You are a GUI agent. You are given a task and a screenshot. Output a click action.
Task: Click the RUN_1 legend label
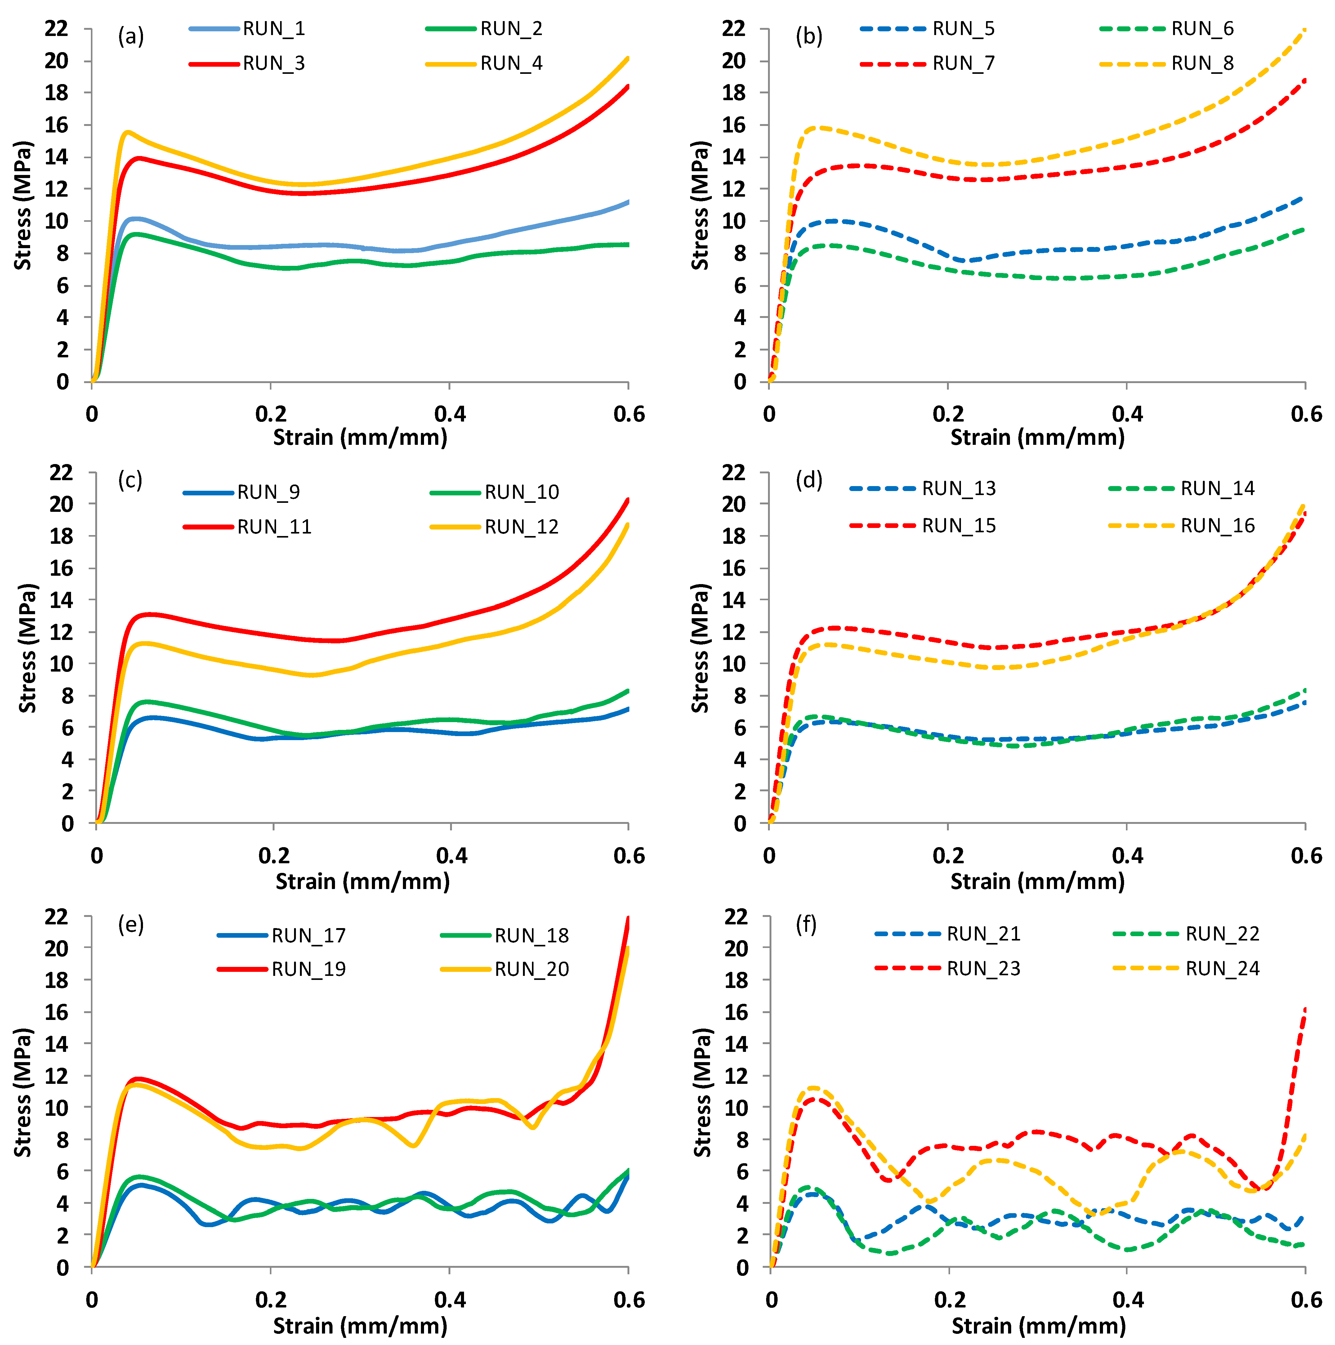[x=274, y=29]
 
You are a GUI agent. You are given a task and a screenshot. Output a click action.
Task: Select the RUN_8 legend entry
[x=1202, y=63]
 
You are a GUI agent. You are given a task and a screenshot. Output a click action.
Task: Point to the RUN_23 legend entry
[x=984, y=968]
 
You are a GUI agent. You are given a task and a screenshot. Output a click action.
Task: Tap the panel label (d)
[x=809, y=480]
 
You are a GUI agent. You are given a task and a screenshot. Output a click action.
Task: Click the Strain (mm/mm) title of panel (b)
[x=1037, y=437]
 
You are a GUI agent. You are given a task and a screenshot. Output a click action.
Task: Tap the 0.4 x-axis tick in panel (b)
[x=1127, y=414]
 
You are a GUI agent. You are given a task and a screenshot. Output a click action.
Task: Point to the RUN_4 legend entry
[x=511, y=63]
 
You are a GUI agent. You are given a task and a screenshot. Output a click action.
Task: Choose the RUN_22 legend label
[x=1222, y=934]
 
